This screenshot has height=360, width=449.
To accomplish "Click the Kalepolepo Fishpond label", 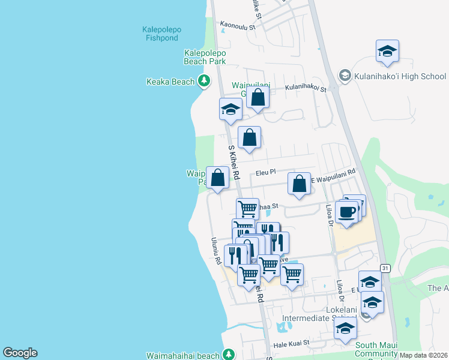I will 161,33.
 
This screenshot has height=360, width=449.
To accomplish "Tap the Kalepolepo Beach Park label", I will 205,57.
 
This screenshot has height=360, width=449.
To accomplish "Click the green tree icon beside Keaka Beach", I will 204,80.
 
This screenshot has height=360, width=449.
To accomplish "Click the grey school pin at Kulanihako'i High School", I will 345,76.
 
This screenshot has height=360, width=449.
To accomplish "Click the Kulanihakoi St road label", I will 306,88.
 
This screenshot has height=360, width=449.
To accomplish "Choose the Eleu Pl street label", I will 265,172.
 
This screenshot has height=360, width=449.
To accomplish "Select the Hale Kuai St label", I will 291,343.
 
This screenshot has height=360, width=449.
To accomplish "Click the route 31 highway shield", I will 385,268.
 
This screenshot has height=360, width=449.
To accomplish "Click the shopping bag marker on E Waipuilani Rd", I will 299,185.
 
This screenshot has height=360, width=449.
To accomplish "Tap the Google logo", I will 20,353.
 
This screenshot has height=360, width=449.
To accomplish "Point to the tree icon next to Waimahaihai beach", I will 228,354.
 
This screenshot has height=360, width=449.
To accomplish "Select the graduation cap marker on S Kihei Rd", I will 230,110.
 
